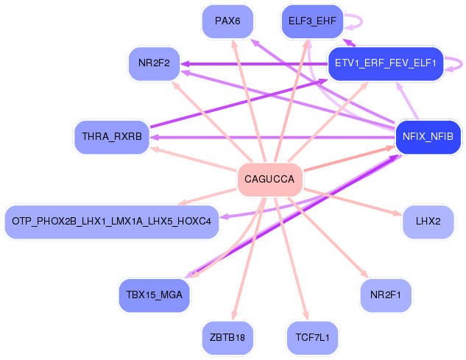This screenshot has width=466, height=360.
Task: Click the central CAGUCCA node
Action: pos(269,180)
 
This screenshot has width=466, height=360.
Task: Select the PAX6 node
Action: pos(227,21)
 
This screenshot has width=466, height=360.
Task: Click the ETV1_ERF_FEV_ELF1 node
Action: pos(385,63)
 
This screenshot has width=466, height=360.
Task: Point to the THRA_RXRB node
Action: pos(112,137)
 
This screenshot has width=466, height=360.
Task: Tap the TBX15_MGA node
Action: pos(154,295)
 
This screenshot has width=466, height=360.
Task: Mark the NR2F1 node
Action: pos(385,295)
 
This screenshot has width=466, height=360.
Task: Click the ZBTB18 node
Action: pos(227,338)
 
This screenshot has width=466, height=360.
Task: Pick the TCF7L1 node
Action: pos(313,338)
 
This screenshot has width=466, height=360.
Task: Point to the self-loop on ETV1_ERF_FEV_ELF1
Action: pos(456,63)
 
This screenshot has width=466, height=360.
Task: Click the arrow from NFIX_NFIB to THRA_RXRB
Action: pos(272,137)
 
